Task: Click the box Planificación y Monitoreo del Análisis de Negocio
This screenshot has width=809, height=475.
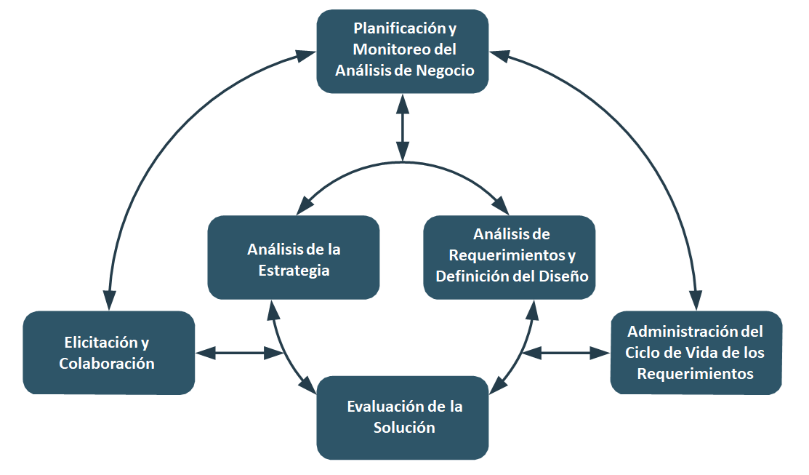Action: tap(403, 51)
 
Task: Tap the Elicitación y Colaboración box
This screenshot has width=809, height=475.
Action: tap(108, 353)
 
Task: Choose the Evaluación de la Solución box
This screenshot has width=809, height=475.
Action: tap(403, 417)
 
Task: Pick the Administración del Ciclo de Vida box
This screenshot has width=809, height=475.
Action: tap(696, 353)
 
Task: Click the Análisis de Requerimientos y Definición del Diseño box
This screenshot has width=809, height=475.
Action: tap(510, 257)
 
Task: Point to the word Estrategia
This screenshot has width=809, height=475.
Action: tap(294, 271)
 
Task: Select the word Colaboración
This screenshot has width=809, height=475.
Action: tap(107, 364)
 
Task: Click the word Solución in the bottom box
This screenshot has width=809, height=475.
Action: tap(404, 428)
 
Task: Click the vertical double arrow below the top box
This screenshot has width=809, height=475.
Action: tap(402, 127)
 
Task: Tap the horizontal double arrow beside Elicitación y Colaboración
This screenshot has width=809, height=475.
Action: tap(241, 354)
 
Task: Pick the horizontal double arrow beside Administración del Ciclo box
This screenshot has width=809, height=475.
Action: tap(566, 354)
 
